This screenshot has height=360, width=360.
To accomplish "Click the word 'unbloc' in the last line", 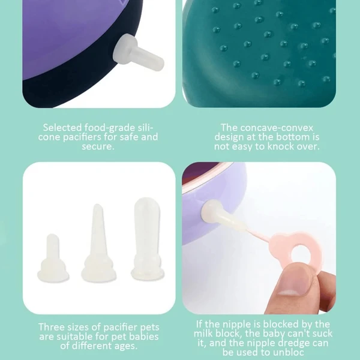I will point(291,352).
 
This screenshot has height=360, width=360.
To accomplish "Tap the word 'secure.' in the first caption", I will point(97,146).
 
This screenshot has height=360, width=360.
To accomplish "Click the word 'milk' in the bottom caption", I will point(204,333).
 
